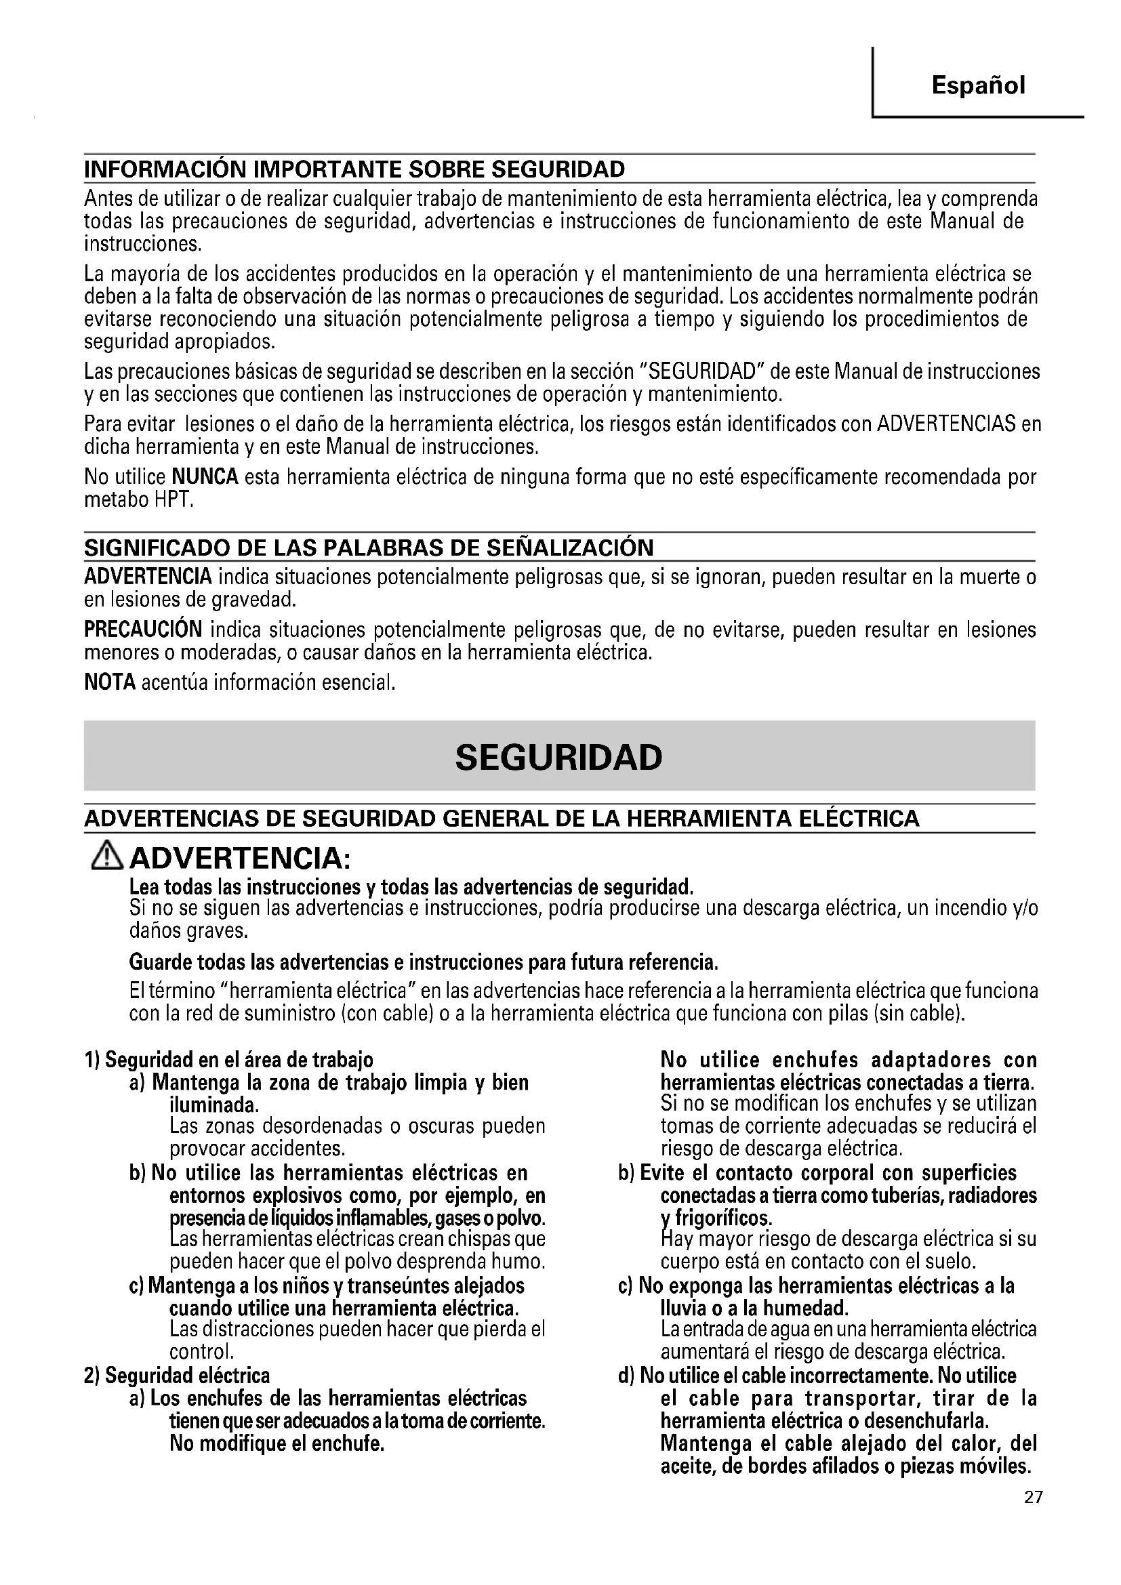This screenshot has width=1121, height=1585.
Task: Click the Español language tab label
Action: coord(977,85)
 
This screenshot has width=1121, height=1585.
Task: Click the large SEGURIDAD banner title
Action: coord(558,758)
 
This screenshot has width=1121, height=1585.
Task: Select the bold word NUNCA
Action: coord(204,477)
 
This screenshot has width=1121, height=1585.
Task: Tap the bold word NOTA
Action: coord(109,683)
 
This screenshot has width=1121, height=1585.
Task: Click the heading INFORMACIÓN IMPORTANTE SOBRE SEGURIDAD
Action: coord(354,169)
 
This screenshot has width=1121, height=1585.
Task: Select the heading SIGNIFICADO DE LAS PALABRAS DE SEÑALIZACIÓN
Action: coord(369,548)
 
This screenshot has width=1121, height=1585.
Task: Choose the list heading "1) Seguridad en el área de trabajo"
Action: coord(228,1060)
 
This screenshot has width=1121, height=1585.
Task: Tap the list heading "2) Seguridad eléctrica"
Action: coord(177,1376)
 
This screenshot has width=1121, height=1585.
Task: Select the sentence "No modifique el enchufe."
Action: coord(277,1444)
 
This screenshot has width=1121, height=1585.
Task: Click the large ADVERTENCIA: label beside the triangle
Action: coord(241,859)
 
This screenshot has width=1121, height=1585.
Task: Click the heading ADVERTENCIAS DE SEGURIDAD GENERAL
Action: coord(502,819)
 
